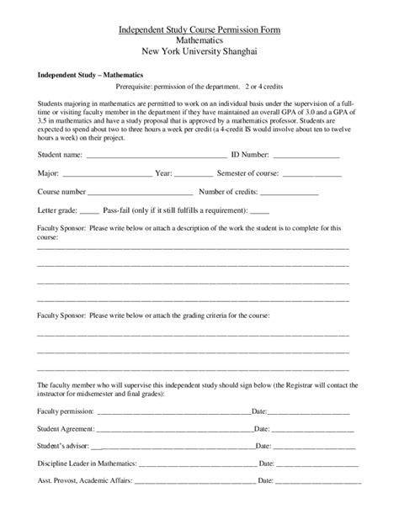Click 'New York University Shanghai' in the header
point(199,51)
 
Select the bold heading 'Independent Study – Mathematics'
point(84,75)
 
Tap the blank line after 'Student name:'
point(156,156)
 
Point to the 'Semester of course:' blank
point(316,174)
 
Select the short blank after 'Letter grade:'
point(91,210)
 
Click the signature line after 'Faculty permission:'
point(174,412)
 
